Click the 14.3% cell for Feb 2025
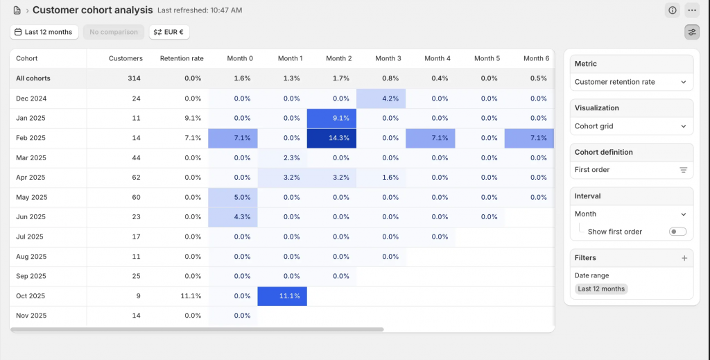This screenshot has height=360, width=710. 331,138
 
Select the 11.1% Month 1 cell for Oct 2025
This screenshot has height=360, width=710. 282,296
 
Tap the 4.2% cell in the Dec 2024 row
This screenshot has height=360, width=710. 381,98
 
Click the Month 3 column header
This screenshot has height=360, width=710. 388,58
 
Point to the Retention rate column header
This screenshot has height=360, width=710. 182,58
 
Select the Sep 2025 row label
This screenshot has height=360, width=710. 31,276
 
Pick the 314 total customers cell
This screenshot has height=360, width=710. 135,78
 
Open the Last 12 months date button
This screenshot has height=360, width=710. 44,32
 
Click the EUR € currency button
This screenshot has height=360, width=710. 169,32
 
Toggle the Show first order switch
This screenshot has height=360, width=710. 677,232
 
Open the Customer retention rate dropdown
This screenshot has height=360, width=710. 631,82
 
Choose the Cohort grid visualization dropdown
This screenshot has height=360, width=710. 631,126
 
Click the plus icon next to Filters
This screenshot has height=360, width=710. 684,258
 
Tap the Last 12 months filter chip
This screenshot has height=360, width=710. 601,289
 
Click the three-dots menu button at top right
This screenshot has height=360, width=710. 691,10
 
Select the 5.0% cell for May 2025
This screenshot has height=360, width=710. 233,197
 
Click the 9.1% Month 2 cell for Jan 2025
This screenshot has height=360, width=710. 331,118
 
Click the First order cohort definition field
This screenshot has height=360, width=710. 631,170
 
